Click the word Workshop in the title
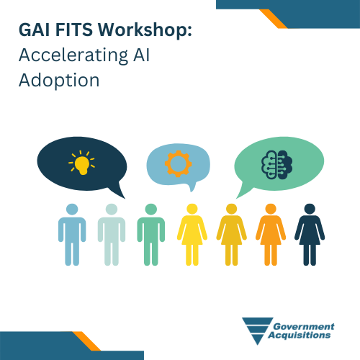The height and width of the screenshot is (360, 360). pos(145,30)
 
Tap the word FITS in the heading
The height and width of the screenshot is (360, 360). pos(74,30)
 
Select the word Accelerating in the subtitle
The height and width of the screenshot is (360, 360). pos(73,55)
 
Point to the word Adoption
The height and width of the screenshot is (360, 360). pos(59,81)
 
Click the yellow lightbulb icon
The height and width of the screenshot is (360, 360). pos(81,163)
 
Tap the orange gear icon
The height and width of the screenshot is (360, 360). pos(178,164)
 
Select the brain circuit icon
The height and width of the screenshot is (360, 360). pos(276,165)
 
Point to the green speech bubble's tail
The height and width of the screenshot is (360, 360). pos(243,191)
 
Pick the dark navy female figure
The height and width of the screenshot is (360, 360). pos(310,235)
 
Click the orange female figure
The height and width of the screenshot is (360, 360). pos(271,235)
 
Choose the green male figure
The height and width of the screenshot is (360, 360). pos(151,235)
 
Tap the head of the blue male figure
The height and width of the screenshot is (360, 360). pos(72,210)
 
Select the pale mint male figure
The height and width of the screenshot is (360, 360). pos(112,235)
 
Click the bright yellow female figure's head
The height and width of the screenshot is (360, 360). pos(192,209)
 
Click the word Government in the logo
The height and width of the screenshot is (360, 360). pos(304,326)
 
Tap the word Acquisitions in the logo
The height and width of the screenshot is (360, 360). pos(300,335)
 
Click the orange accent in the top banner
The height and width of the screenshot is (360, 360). pos(274,19)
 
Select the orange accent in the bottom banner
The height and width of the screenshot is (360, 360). pos(86,341)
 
